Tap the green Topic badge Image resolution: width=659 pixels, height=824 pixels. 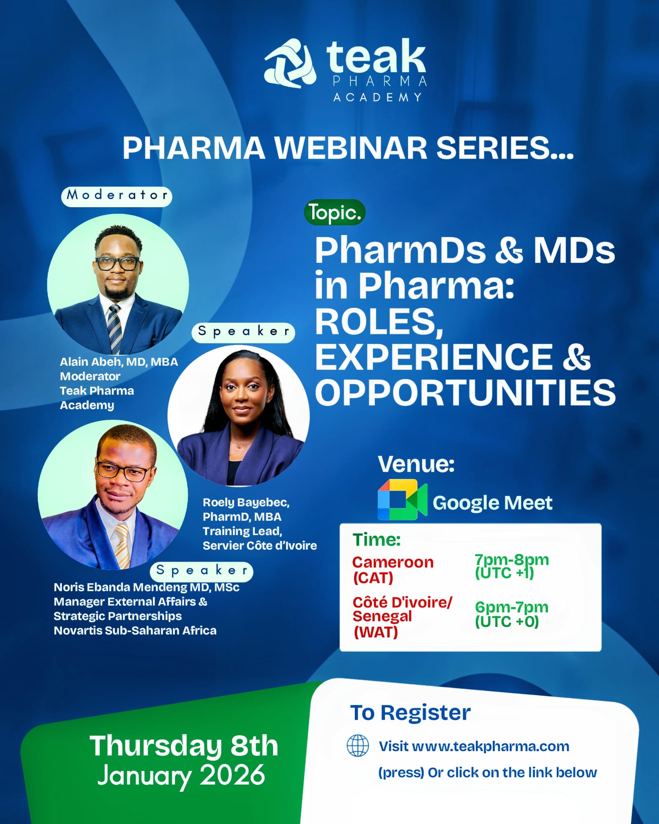coord(334,212)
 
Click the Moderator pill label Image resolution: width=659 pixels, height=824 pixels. coord(117,196)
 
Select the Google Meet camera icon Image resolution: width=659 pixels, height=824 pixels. coord(402,500)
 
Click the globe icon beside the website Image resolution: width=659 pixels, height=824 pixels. coord(357,746)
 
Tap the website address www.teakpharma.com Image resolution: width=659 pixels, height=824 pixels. coord(490,746)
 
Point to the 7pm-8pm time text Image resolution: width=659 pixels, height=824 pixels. coord(511,559)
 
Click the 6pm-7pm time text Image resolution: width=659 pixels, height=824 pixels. coord(511,607)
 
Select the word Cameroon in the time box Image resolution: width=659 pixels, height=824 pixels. coord(393,562)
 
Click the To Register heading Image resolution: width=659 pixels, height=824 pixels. coord(410,713)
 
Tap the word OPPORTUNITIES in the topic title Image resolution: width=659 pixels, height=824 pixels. coord(465,393)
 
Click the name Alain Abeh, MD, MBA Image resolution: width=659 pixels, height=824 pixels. coord(119,362)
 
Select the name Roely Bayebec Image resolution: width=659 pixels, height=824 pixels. coord(246,503)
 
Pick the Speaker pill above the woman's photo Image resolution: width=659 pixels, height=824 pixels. coord(243,332)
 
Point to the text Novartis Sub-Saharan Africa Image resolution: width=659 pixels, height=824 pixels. coord(135,630)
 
